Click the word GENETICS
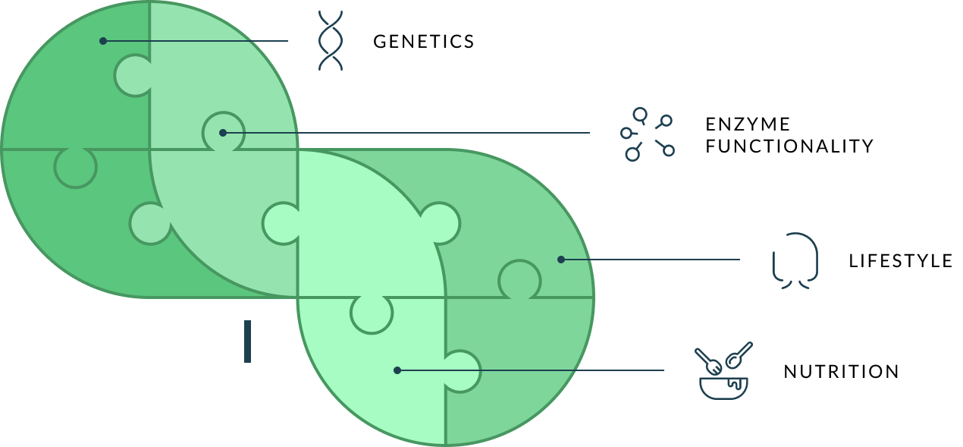point(423,42)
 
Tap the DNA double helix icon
point(330,40)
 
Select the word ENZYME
point(748,124)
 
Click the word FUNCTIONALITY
point(789,146)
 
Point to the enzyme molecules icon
point(647,134)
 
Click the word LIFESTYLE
point(900,261)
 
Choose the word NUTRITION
point(842,372)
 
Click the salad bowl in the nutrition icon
point(723,389)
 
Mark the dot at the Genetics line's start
point(103,41)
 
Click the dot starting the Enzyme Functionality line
point(223,133)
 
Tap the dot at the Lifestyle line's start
point(561,260)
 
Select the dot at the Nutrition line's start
point(397,370)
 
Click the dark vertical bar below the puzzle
point(247,342)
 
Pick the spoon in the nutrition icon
point(739,356)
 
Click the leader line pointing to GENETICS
point(196,41)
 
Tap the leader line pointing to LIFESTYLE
point(651,260)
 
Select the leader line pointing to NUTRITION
point(531,370)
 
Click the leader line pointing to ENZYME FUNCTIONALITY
point(406,133)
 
